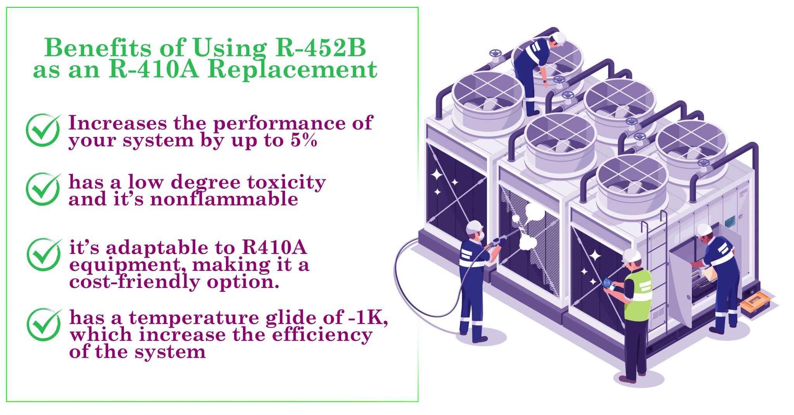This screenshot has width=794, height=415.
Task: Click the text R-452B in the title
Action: [x=321, y=48]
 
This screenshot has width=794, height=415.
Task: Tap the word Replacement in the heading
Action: [x=292, y=69]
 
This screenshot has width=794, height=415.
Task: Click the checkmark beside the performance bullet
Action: [x=43, y=130]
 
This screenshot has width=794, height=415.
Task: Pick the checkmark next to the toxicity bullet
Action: [x=43, y=189]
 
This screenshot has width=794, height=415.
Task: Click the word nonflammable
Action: [x=224, y=199]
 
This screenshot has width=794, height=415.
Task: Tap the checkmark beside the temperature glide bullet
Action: [x=44, y=325]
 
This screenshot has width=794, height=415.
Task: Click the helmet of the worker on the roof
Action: [x=559, y=38]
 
